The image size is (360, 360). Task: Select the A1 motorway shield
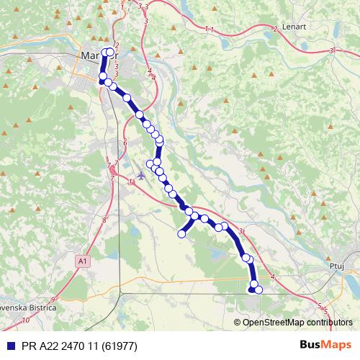83,261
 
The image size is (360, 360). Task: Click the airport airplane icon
141,174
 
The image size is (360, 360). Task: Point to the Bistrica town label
29,306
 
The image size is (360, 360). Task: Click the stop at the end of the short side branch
181,233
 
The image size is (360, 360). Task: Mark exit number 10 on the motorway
26,319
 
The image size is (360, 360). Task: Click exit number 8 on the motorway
104,220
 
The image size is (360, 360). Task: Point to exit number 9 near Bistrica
53,299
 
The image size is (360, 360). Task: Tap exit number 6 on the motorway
125,143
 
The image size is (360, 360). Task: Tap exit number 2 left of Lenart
275,29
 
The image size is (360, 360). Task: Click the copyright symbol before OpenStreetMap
238,322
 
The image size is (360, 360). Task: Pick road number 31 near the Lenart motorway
332,51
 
